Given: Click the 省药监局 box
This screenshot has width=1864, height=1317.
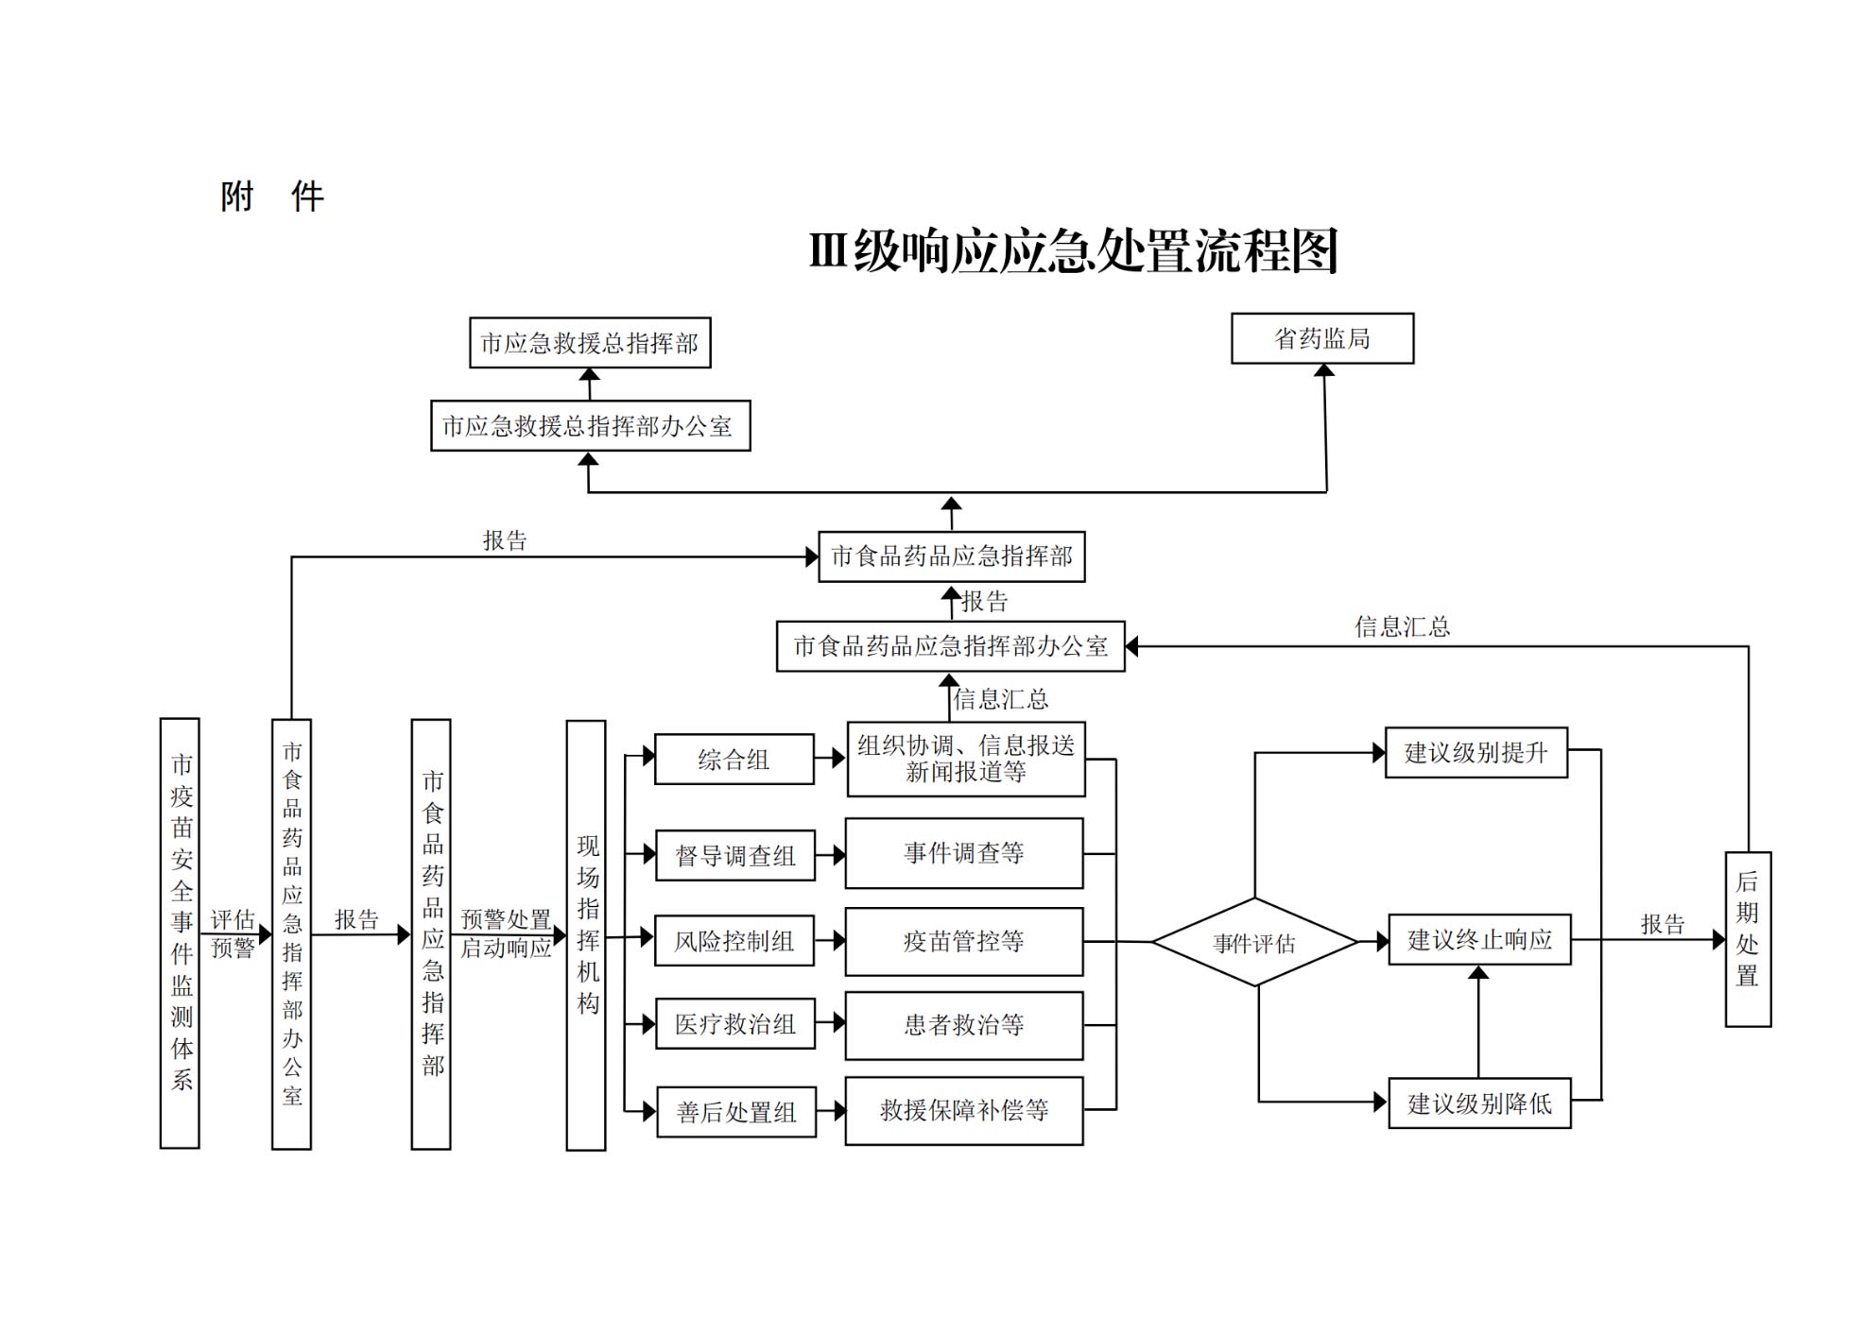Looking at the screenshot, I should [x=1321, y=338].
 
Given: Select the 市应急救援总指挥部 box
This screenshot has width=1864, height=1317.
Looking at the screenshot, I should [x=590, y=343].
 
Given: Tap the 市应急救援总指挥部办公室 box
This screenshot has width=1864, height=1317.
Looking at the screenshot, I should [x=590, y=426].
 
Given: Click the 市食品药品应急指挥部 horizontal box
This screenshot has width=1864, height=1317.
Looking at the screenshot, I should [x=951, y=556].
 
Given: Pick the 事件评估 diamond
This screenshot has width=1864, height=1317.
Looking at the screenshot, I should [x=1254, y=942].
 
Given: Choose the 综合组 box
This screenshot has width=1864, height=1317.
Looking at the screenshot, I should [x=734, y=760].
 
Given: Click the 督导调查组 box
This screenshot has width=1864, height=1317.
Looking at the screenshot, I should [x=734, y=856].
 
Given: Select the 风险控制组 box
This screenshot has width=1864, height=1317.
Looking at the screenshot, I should [x=734, y=941].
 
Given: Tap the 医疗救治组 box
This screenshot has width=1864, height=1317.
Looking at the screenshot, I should [x=734, y=1024].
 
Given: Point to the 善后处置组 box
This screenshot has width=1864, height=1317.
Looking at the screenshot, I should [x=735, y=1112].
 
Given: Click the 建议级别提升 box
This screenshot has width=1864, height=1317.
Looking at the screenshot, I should [x=1476, y=753].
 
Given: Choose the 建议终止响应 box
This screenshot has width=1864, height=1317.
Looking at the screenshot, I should [x=1479, y=940].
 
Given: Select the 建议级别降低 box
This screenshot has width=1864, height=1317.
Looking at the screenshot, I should [x=1479, y=1103].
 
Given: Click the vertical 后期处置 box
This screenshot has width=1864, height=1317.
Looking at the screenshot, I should [x=1747, y=939].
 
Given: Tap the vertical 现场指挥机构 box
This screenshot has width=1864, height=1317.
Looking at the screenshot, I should [x=586, y=935].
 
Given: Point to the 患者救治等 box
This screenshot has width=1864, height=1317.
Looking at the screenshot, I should [x=963, y=1025].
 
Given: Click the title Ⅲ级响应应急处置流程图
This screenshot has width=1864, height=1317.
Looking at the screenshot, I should [x=1073, y=251].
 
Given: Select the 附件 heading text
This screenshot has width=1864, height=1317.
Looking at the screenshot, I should [x=272, y=197].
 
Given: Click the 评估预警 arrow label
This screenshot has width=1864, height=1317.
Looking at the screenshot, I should [x=233, y=933].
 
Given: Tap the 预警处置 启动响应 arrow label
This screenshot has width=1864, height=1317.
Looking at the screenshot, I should [x=506, y=933].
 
